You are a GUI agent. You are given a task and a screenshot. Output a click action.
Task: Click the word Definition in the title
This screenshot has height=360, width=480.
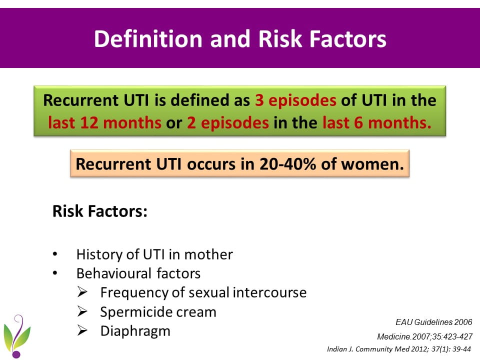(148, 39)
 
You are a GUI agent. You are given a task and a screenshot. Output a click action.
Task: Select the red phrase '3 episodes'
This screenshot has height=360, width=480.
(295, 100)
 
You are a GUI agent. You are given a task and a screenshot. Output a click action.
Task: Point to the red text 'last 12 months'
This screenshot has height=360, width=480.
(104, 123)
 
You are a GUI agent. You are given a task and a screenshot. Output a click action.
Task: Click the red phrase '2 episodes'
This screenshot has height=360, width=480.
(228, 123)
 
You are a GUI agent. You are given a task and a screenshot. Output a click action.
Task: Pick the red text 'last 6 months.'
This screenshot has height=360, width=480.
(377, 123)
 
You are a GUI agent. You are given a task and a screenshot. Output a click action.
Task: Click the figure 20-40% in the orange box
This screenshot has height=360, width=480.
(288, 164)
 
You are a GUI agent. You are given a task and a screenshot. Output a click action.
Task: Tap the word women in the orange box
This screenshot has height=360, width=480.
(372, 164)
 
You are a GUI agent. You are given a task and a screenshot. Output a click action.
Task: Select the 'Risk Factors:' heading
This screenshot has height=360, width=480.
(100, 211)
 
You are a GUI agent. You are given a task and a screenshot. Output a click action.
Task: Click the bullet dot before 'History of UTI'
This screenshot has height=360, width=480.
(55, 254)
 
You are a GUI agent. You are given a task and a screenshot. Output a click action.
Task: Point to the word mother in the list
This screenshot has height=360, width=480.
(208, 254)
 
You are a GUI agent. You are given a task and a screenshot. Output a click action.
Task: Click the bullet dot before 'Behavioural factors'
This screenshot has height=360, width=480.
(55, 273)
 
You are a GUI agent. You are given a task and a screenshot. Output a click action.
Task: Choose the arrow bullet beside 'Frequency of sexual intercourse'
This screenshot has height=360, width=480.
(82, 292)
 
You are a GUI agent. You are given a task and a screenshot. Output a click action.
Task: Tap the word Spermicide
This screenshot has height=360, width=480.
(133, 312)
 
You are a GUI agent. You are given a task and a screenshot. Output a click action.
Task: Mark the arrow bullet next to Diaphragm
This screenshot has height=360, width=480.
(82, 330)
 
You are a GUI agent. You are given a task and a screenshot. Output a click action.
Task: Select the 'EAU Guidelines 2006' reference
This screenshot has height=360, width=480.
(434, 322)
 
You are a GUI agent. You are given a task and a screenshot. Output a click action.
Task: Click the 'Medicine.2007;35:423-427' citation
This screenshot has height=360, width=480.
(424, 336)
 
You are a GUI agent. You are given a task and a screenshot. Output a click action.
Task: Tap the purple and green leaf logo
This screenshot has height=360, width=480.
(17, 336)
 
